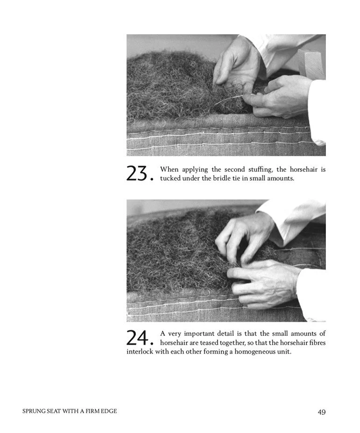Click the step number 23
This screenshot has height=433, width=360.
pos(140,173)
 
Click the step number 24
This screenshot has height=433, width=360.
pos(140,338)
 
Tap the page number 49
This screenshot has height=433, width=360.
pos(322,412)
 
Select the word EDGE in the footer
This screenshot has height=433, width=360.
pos(110,411)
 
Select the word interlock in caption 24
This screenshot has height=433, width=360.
pos(140,352)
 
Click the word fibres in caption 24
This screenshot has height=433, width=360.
pos(318,343)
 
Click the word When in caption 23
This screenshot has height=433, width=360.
pos(169,169)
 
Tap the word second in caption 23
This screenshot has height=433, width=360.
pos(234,169)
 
